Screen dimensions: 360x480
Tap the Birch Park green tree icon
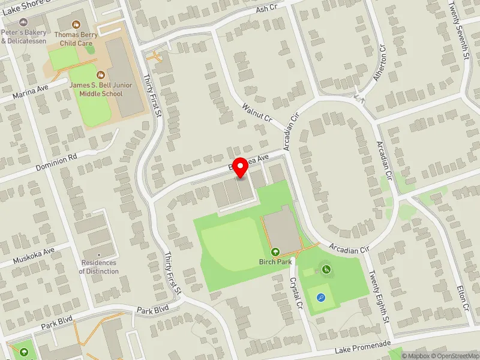[x=275, y=252]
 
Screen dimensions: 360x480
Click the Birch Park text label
[x=275, y=262]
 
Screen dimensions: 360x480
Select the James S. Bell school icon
[x=101, y=76]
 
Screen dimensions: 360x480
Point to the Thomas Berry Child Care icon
[x=76, y=25]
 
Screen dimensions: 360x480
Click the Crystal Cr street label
[x=294, y=275]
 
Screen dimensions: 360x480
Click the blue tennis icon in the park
[x=322, y=296]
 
